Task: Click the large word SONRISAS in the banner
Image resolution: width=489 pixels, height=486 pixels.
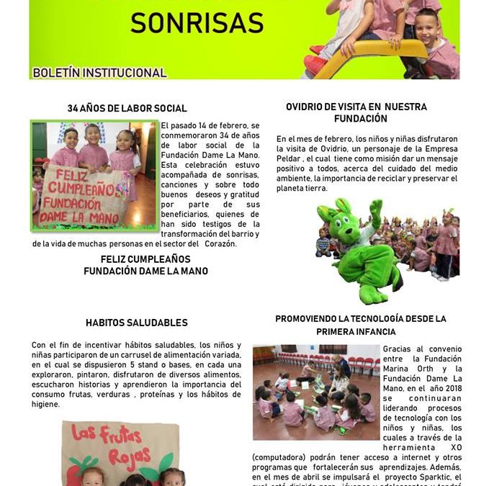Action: (197, 22)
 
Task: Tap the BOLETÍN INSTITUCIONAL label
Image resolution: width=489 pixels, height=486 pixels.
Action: (99, 73)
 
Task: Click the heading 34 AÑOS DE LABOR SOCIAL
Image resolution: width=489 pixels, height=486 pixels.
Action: (127, 108)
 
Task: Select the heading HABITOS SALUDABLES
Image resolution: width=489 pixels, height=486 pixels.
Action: (136, 323)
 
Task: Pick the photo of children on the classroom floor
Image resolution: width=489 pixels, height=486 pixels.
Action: (315, 392)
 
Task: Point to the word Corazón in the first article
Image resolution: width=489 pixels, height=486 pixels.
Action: (219, 243)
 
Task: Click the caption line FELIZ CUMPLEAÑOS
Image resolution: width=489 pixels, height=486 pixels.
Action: (145, 258)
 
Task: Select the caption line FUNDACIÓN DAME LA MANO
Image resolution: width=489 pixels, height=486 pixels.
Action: (145, 271)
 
